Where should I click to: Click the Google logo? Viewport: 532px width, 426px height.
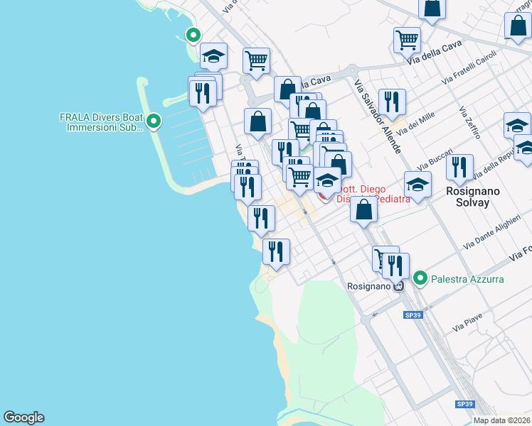click(23, 417)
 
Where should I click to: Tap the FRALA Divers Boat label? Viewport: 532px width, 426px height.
click(102, 122)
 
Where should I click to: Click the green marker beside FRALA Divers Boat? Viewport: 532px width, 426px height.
click(154, 122)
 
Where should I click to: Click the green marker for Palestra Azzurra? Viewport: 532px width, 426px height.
click(420, 278)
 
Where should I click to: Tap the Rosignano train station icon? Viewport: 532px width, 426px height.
click(398, 286)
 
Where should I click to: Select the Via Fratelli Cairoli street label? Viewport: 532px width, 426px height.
click(469, 70)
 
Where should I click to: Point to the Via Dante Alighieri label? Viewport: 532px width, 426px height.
click(491, 232)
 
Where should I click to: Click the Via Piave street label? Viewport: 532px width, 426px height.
click(467, 326)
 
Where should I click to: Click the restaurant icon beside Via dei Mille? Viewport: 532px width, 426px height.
click(392, 102)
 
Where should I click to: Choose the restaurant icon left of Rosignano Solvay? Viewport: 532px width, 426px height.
click(460, 167)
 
